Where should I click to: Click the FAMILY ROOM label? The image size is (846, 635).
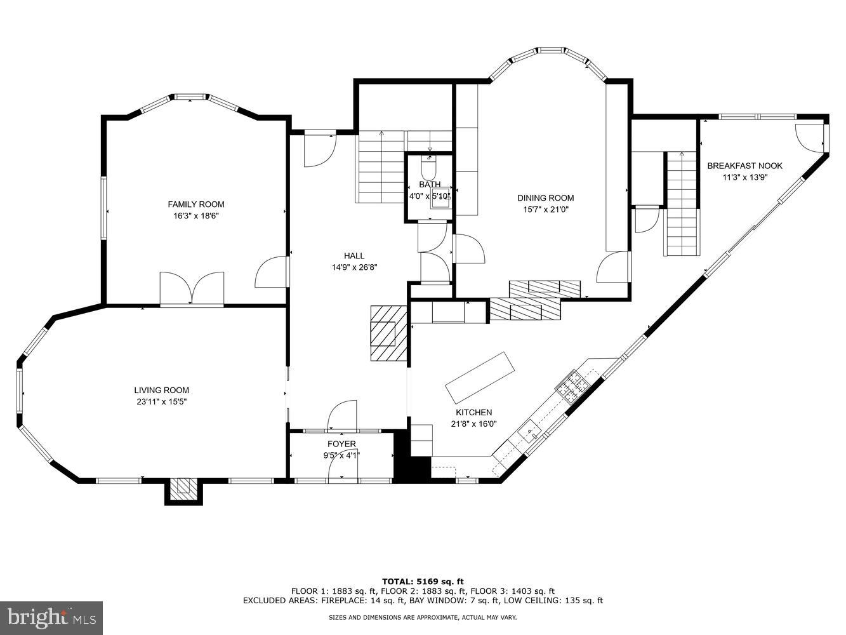(195, 204)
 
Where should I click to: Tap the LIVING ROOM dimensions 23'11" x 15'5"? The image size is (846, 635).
(161, 401)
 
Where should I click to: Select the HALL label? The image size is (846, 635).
(354, 256)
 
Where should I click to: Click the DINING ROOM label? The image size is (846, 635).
(545, 198)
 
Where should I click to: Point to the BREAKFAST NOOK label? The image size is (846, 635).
(744, 166)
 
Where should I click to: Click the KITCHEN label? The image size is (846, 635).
(473, 413)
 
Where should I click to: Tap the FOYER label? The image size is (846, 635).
(341, 444)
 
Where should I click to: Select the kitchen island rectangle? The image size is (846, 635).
(479, 378)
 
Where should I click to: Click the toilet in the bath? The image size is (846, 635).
(429, 168)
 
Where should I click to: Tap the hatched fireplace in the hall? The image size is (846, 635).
(388, 333)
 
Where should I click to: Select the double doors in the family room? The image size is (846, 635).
(192, 289)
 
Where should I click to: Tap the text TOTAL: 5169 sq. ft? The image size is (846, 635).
(423, 581)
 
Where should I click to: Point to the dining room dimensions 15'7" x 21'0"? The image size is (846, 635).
(545, 209)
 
